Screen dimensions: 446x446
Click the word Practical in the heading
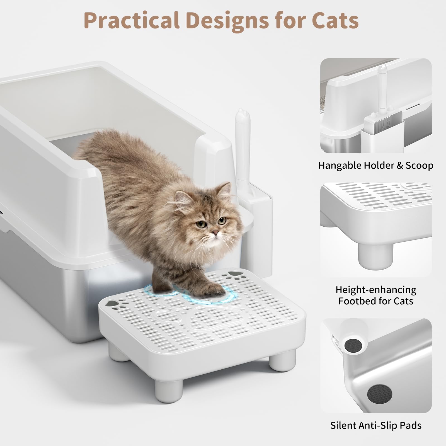(131, 20)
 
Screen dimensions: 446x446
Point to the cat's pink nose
(214, 232)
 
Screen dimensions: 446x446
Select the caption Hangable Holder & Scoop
(376, 166)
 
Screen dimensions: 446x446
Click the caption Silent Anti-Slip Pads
(376, 425)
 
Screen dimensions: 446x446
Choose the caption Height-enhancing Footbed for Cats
(376, 295)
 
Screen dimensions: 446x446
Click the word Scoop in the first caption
(419, 166)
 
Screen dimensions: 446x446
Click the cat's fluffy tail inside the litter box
(92, 149)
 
